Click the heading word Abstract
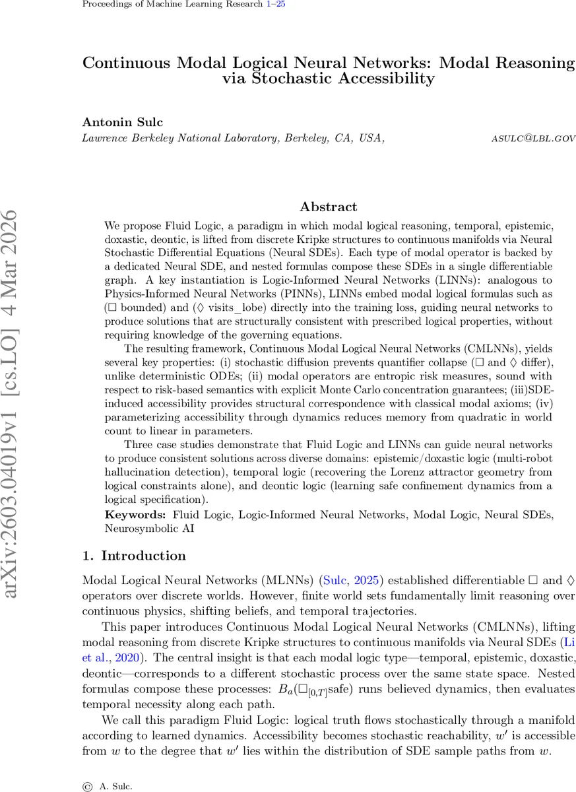[328, 207]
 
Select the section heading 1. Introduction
[134, 556]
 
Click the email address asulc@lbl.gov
[533, 139]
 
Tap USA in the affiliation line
[371, 139]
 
